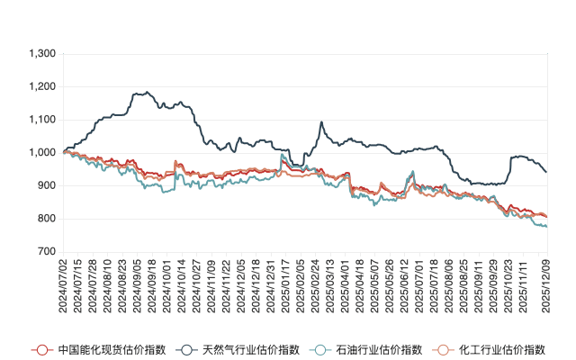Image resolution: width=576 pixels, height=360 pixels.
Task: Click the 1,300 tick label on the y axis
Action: coord(42,54)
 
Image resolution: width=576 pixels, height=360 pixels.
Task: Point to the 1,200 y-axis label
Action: coord(42,87)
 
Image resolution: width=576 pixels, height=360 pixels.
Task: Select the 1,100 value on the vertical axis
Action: coord(42,120)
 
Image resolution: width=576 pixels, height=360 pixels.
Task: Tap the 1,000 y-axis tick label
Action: coord(42,153)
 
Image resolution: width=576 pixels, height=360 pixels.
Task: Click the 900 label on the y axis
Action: coord(47,185)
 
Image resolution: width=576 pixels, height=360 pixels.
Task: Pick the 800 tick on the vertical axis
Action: coord(47,219)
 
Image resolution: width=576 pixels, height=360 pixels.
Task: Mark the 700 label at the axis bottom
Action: coord(47,252)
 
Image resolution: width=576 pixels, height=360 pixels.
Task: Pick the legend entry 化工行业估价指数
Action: coord(503,348)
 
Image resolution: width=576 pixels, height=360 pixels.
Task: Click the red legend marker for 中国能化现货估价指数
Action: coord(40,348)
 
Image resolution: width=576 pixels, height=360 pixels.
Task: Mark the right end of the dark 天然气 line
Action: coord(546,172)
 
